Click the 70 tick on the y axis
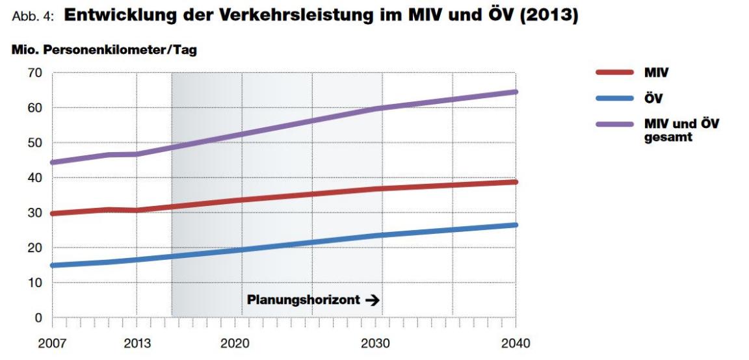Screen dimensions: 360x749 click(34, 73)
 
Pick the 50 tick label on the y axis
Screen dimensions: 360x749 click(34, 143)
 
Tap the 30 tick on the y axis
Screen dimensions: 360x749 click(34, 213)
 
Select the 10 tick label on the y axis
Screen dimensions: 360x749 click(34, 283)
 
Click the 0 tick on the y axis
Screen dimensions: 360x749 click(38, 318)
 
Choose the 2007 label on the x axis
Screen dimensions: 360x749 click(51, 343)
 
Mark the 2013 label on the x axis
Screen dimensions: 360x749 click(137, 343)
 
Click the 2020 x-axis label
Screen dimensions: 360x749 click(236, 343)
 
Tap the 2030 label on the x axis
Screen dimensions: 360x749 click(376, 343)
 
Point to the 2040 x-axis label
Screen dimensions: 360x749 click(516, 343)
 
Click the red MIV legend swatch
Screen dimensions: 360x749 click(614, 73)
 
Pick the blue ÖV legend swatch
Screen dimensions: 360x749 click(614, 98)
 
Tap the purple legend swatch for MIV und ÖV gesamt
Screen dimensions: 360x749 click(614, 123)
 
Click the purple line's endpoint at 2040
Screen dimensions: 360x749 click(516, 92)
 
